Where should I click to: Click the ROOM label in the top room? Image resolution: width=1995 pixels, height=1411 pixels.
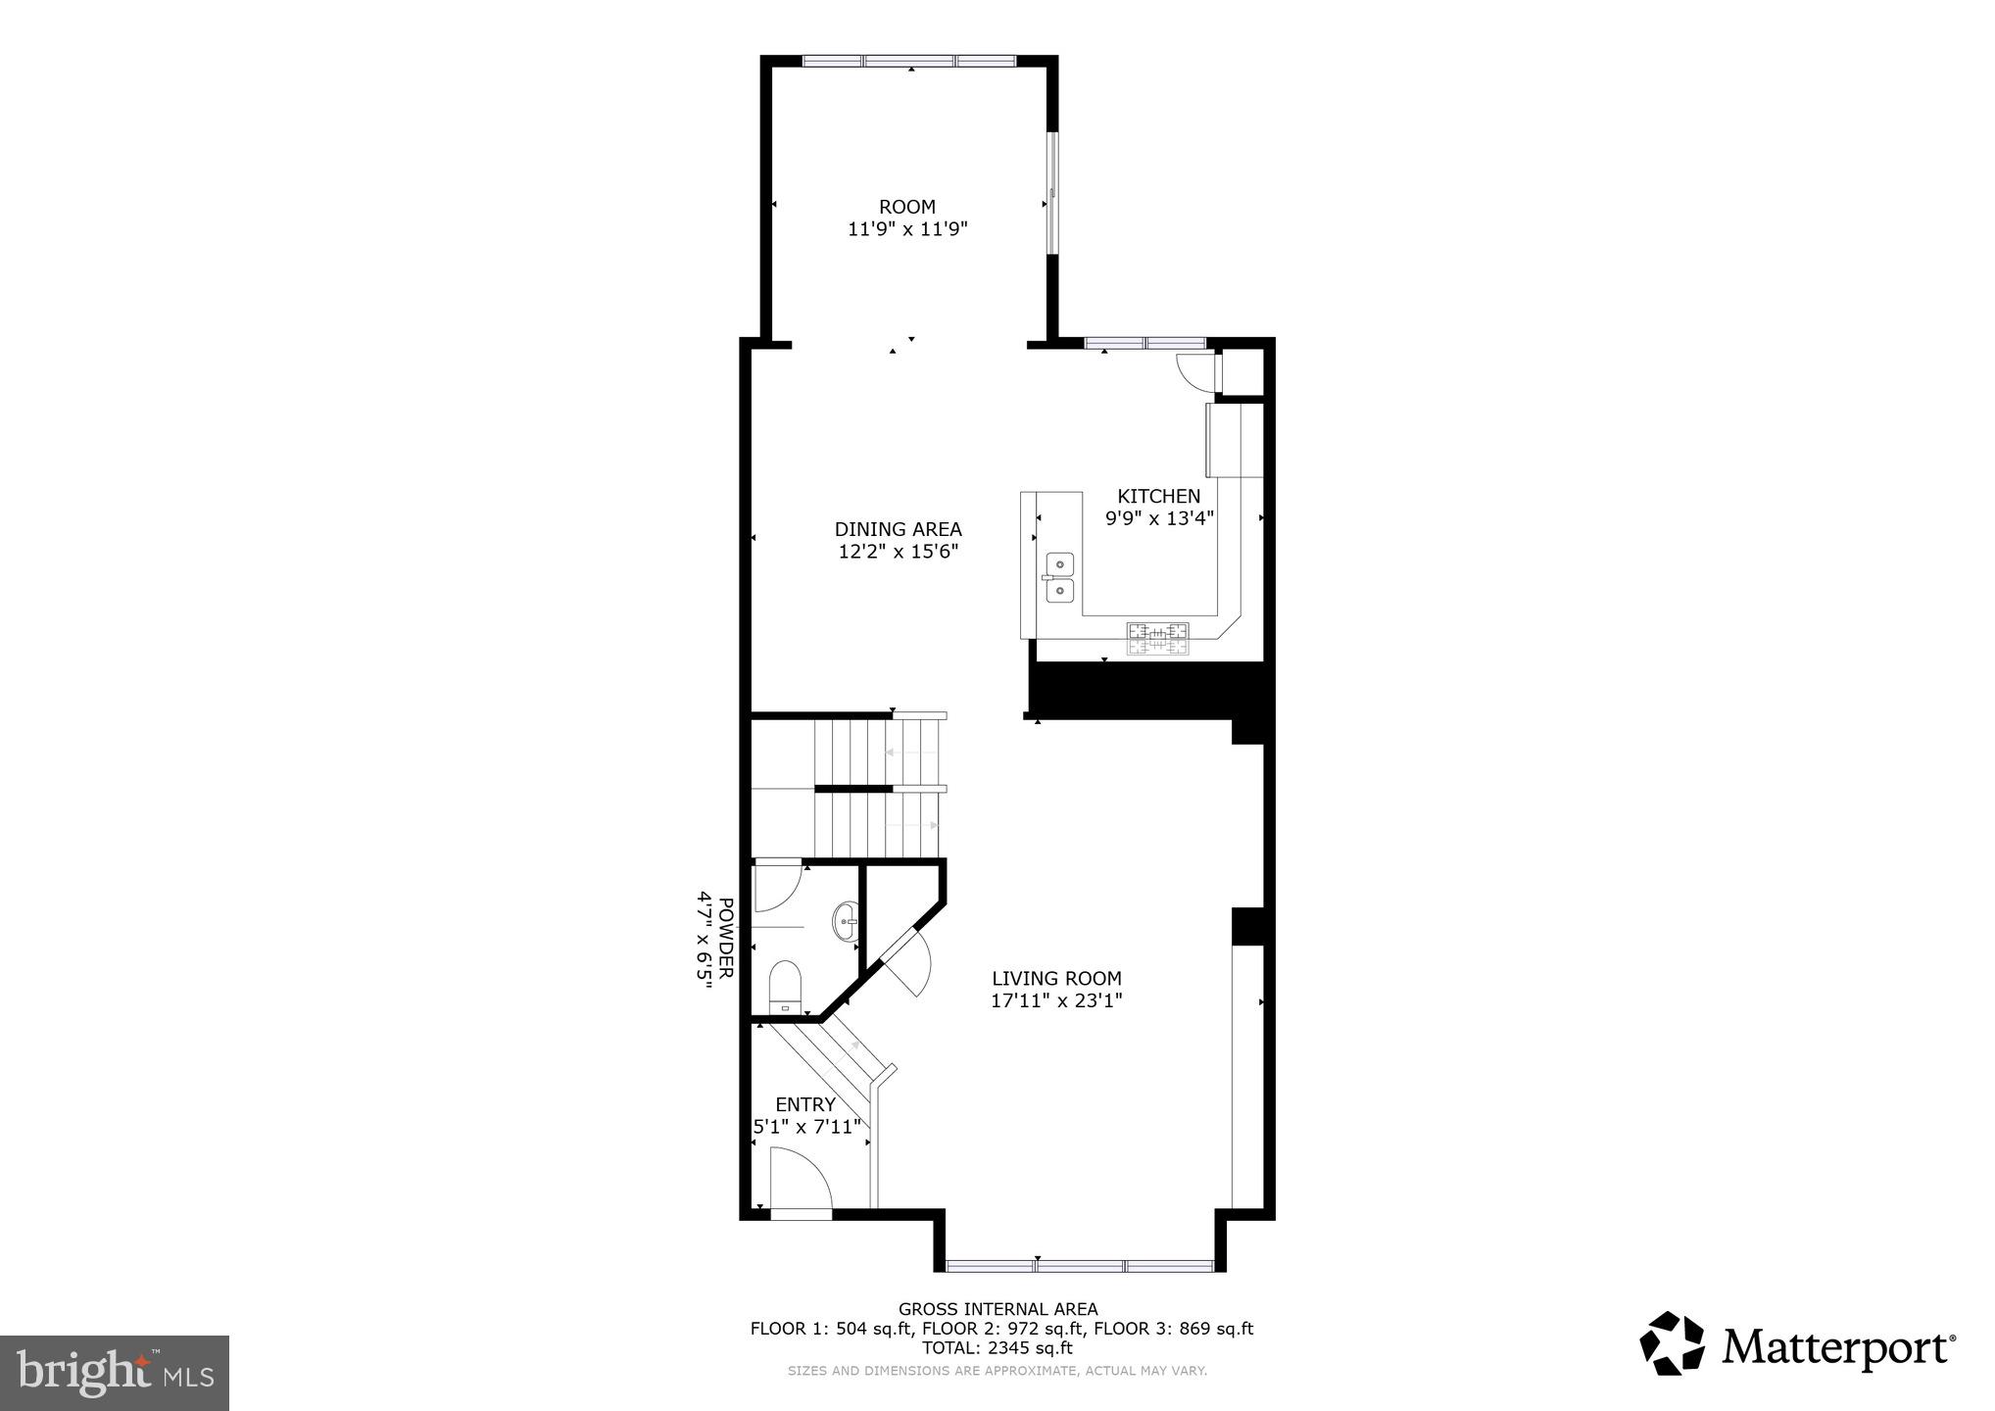click(x=906, y=207)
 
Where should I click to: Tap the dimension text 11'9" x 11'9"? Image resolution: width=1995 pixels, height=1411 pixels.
click(x=907, y=229)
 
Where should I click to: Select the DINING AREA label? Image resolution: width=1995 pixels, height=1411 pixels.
click(x=898, y=529)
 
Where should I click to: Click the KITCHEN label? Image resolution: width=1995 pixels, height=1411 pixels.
click(x=1158, y=496)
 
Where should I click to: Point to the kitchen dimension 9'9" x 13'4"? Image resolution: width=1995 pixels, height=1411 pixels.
click(x=1159, y=518)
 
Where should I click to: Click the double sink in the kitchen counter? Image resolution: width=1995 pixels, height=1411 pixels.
click(x=1059, y=577)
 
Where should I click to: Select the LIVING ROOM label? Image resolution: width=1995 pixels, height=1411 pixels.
click(x=1056, y=978)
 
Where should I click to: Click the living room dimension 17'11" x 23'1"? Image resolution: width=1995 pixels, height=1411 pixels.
click(x=1056, y=1000)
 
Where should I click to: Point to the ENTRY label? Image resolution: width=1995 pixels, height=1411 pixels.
click(x=805, y=1104)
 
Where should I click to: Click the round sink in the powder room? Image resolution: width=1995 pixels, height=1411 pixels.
click(x=846, y=921)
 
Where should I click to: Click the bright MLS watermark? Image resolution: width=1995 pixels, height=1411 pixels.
click(x=115, y=1373)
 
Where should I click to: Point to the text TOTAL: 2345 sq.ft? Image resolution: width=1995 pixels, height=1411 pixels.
click(x=997, y=1348)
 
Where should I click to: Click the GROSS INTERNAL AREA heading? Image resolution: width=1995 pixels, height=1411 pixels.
click(x=997, y=1309)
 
